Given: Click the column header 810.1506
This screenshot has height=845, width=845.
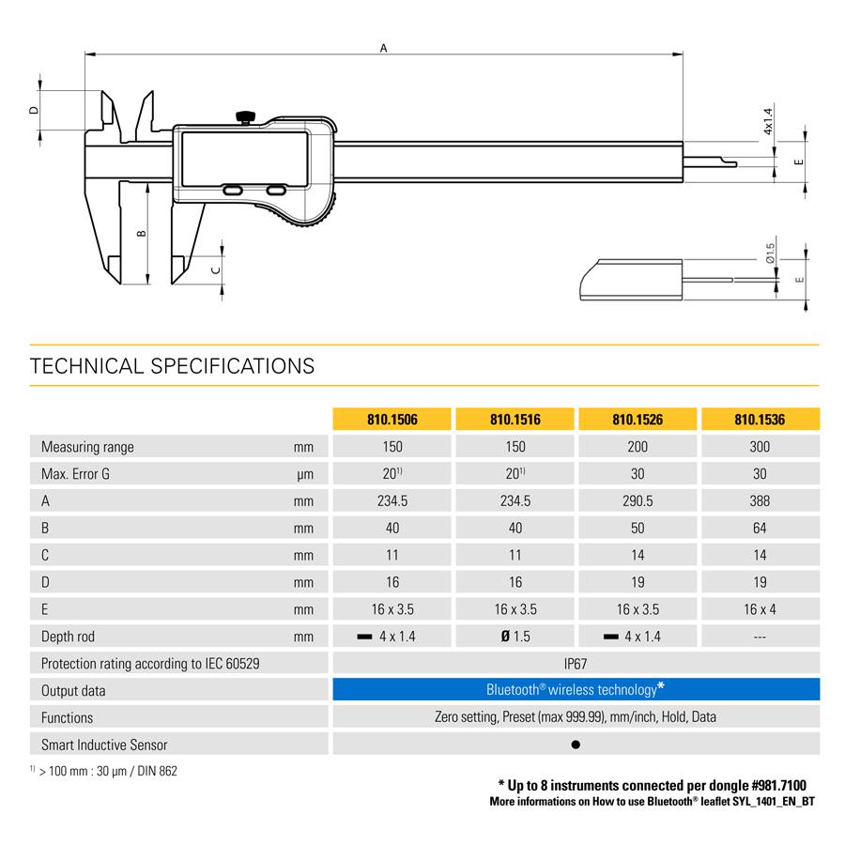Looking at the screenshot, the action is click(392, 420).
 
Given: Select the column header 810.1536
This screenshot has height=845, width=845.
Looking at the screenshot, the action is click(760, 420).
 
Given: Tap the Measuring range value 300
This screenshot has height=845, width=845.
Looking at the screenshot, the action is click(760, 447).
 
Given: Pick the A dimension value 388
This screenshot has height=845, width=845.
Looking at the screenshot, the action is click(760, 500).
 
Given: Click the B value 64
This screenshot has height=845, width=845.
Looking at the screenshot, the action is click(760, 528).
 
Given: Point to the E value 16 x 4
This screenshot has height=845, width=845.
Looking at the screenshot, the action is click(760, 609).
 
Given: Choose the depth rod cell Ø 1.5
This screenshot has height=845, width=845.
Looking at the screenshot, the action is click(515, 637).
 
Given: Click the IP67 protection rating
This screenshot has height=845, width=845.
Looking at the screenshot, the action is click(576, 664).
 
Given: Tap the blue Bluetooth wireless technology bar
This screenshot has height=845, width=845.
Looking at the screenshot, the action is click(576, 689).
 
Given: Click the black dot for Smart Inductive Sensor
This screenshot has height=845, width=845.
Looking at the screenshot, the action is click(576, 745).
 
